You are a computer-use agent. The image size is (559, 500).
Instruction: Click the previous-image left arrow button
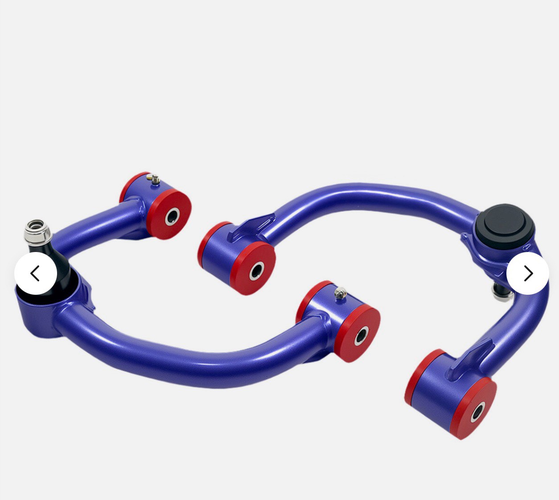coord(36,273)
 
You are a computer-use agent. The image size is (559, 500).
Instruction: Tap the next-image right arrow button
coord(528,273)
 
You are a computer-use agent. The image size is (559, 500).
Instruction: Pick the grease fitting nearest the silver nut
coord(155,179)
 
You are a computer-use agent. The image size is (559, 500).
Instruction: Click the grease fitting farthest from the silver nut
coord(340,293)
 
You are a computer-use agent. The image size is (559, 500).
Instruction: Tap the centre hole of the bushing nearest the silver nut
coord(173,216)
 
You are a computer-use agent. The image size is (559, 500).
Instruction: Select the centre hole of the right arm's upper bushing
coord(257,270)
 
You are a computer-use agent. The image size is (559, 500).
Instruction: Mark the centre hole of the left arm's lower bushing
coord(362,335)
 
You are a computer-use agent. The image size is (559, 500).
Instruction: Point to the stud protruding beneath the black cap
coord(498,290)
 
